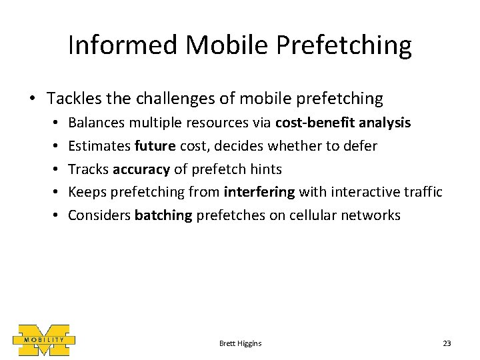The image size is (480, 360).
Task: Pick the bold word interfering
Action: pos(260,192)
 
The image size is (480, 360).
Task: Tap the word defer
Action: pos(361,146)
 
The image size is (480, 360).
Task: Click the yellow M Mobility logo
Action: pos(43,341)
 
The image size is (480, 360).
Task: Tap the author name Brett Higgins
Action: pos(240,343)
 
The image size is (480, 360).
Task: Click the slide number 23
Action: pos(447,343)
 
